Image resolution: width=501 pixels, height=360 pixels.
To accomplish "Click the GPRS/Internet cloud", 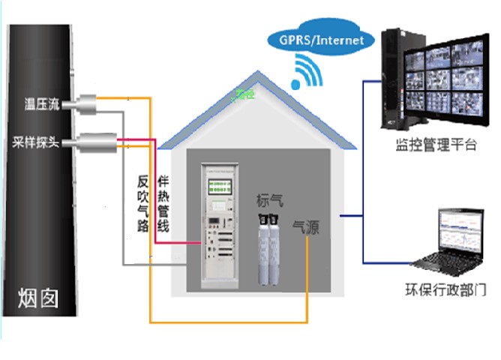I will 321,39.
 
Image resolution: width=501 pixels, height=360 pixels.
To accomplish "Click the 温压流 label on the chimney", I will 42,103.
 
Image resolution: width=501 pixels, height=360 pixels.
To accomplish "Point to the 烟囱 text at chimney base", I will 37,300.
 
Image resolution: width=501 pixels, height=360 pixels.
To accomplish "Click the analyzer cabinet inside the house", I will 220,229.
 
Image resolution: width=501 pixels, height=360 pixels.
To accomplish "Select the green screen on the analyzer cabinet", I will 220,187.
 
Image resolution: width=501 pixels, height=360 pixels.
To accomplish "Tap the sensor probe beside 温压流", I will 90,103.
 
